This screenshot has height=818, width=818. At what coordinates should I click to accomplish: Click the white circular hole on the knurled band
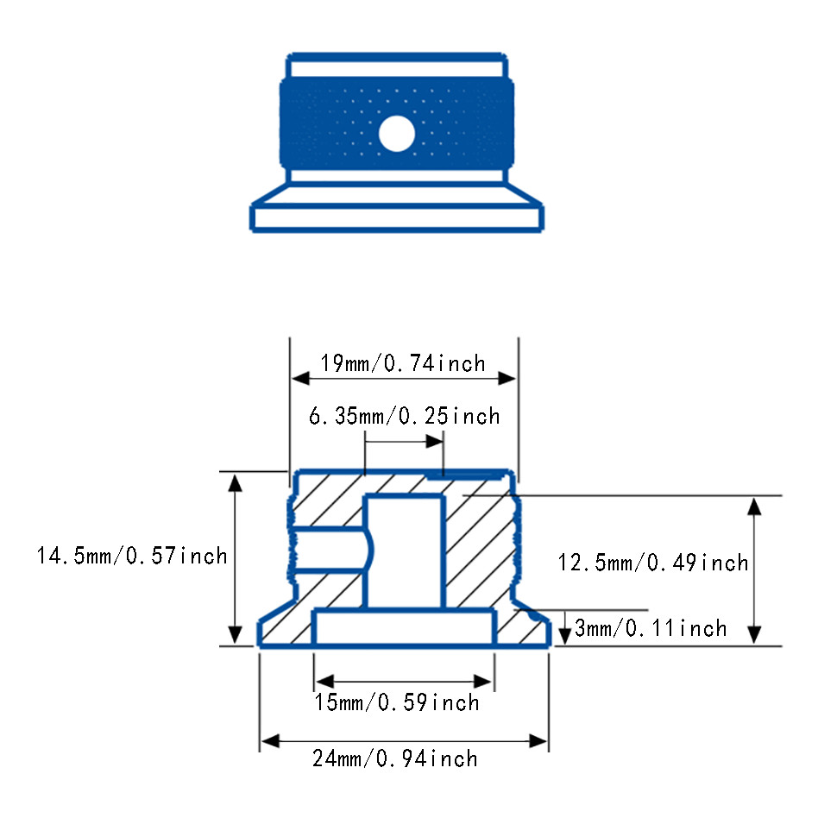pyautogui.click(x=396, y=134)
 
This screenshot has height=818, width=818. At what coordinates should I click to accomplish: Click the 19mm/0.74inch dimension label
pyautogui.click(x=402, y=363)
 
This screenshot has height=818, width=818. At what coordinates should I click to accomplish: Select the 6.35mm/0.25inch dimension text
pyautogui.click(x=405, y=416)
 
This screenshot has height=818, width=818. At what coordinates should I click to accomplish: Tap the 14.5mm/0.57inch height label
pyautogui.click(x=132, y=556)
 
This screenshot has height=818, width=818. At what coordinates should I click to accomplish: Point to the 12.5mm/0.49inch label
pyautogui.click(x=653, y=563)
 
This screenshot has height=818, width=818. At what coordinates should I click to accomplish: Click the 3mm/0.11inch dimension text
pyautogui.click(x=651, y=628)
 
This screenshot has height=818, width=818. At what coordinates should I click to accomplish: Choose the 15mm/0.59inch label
pyautogui.click(x=396, y=702)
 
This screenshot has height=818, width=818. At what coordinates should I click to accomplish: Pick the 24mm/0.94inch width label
pyautogui.click(x=395, y=758)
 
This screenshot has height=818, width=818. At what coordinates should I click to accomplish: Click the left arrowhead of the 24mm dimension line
pyautogui.click(x=270, y=741)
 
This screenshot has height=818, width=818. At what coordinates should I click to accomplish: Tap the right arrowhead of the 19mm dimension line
pyautogui.click(x=507, y=378)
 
